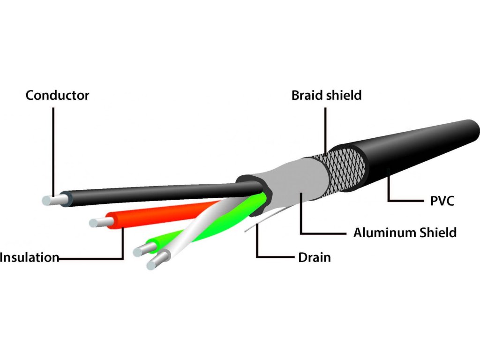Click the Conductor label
[x=57, y=95]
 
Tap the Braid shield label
[x=326, y=95]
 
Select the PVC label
[x=442, y=201]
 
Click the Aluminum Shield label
[x=405, y=232]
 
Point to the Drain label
[x=315, y=257]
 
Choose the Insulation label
[x=30, y=257]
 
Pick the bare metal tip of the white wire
[x=157, y=261]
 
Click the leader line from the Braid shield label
[x=325, y=131]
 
